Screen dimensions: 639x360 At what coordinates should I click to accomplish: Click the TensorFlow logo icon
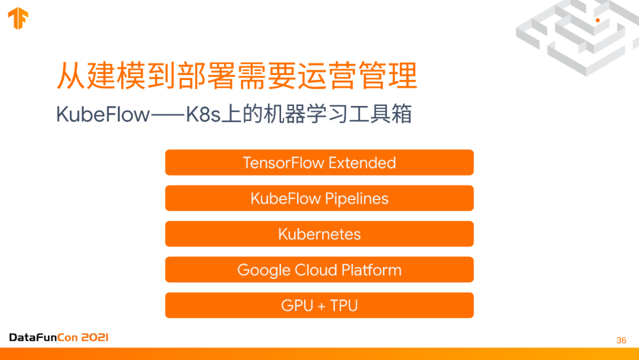tap(18, 18)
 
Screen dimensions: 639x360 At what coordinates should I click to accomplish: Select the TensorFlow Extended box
tap(319, 163)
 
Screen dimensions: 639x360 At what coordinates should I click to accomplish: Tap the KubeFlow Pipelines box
tap(319, 198)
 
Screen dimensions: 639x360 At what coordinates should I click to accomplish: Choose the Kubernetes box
tap(319, 234)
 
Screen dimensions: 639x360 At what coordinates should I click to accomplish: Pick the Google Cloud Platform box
tap(319, 270)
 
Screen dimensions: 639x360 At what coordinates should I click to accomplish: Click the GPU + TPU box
tap(319, 306)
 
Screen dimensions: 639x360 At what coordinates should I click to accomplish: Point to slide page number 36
tap(621, 340)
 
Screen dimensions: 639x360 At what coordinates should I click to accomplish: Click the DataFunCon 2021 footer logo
tap(59, 337)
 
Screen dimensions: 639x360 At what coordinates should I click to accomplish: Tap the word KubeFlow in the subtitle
tap(103, 114)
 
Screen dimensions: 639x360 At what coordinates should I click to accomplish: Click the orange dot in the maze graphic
tap(598, 20)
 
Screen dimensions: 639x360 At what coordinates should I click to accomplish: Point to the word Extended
tap(362, 163)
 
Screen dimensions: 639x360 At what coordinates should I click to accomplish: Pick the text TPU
tap(344, 306)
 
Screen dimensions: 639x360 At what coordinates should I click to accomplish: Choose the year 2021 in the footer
tap(95, 337)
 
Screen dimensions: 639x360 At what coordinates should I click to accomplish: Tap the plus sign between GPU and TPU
tap(319, 306)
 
